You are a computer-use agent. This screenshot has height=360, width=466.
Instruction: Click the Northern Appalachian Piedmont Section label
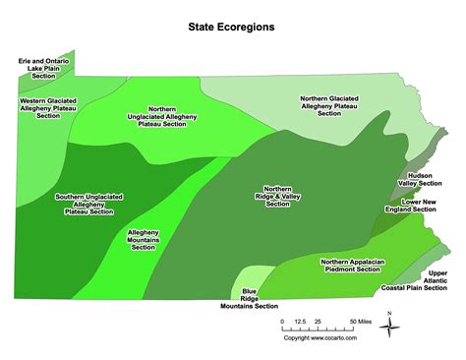[x=351, y=266]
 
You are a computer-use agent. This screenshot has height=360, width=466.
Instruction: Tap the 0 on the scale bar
[x=281, y=322]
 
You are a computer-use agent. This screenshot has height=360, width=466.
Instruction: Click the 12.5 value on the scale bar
[x=299, y=322]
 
